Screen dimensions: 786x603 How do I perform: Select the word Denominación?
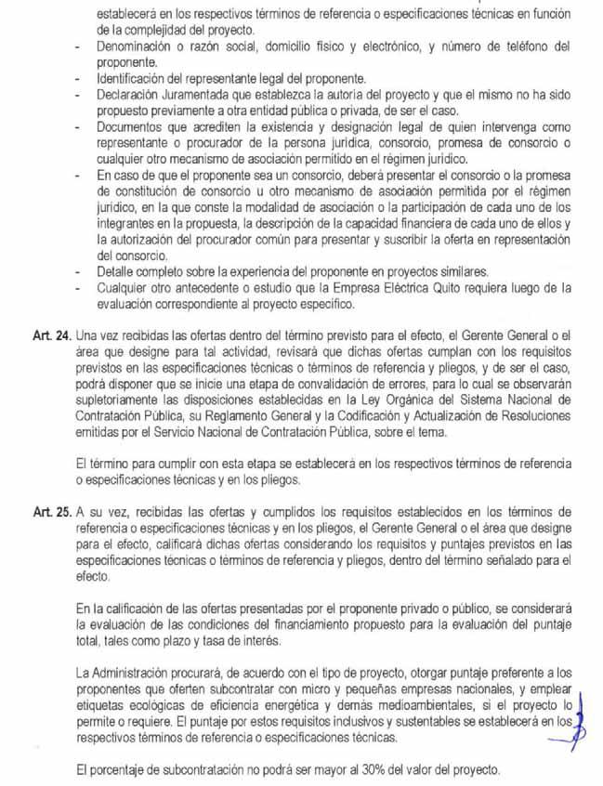coord(138,46)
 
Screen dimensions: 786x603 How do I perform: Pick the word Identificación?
coord(137,76)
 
